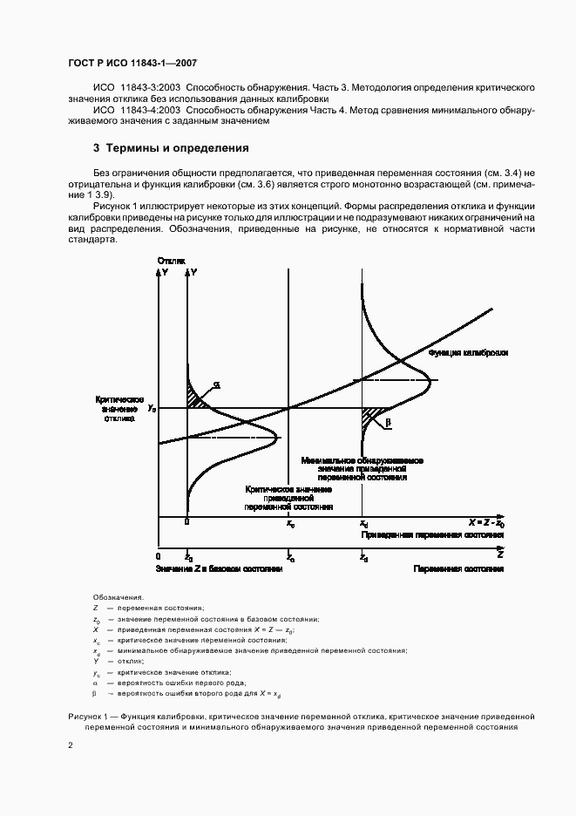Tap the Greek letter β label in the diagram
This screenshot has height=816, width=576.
coord(389,422)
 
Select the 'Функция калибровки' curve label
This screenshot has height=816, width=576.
coord(468,352)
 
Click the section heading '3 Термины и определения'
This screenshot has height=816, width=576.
coord(171,148)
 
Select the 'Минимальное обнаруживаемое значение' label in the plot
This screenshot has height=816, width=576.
coord(362,468)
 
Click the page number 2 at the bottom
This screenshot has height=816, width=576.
coord(70,745)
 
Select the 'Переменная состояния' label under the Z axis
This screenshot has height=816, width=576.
coord(458,568)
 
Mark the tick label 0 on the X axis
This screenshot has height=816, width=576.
coord(187,523)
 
